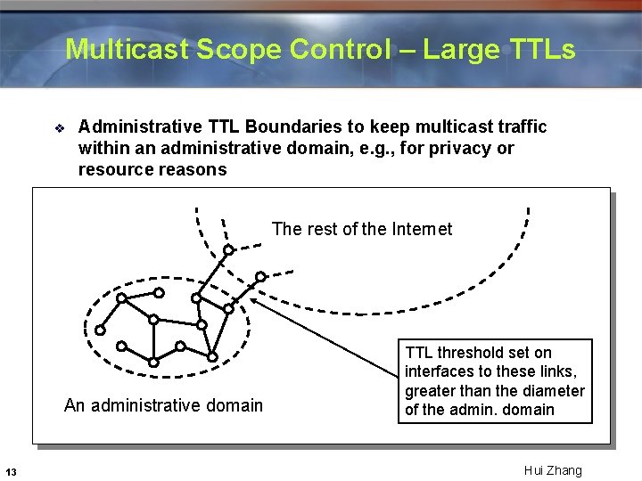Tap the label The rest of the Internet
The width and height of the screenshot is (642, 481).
[362, 229]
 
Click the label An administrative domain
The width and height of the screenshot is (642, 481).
[164, 405]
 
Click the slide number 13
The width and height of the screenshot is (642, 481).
[10, 471]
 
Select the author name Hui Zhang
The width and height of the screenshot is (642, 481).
[553, 470]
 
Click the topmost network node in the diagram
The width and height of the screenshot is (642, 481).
[228, 249]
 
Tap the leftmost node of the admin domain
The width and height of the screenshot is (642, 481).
[100, 330]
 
